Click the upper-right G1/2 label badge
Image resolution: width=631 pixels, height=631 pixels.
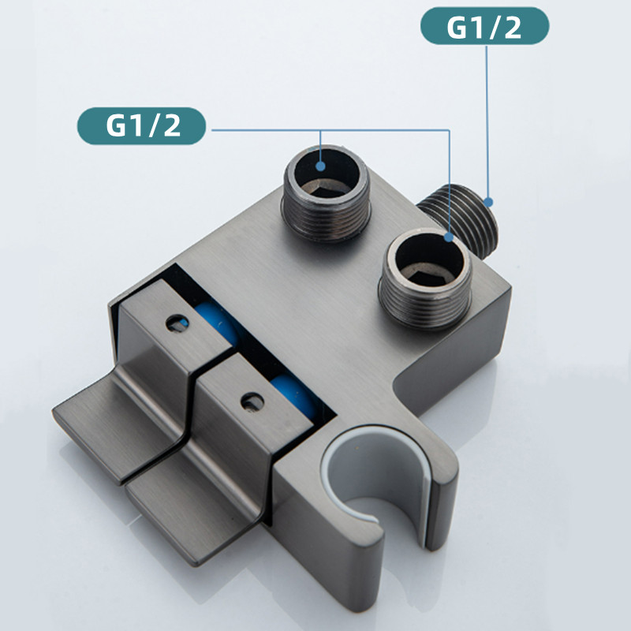[484, 26]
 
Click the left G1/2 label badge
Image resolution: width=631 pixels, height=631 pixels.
[141, 125]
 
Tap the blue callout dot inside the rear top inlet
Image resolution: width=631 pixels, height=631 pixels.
[320, 166]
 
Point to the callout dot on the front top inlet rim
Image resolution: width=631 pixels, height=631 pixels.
[449, 237]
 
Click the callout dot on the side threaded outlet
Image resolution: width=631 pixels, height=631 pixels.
[488, 203]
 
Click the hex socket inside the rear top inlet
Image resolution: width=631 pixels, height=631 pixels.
[325, 189]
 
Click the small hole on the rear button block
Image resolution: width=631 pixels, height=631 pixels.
[177, 323]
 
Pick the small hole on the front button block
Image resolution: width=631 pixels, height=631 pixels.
[252, 401]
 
